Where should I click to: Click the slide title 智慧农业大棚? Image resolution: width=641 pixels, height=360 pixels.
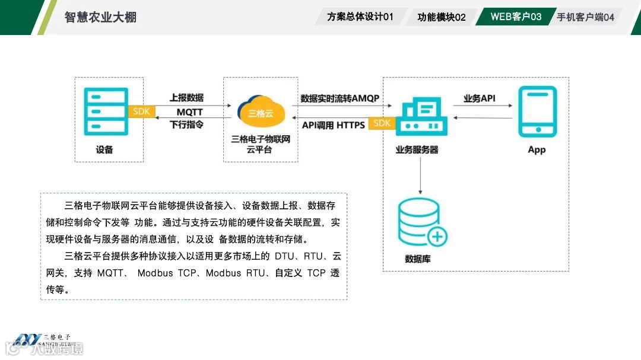[100, 17]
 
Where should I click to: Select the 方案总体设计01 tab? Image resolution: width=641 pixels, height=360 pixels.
[360, 17]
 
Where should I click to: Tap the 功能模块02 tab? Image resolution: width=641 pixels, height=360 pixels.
[441, 17]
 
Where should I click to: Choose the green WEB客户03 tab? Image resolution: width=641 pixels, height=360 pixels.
[516, 17]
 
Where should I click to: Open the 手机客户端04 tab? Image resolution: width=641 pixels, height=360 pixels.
[585, 17]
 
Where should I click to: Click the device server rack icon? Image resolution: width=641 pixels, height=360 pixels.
[106, 111]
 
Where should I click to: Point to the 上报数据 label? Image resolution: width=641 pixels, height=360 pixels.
[186, 98]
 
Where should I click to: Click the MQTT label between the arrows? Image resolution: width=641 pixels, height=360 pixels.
[189, 112]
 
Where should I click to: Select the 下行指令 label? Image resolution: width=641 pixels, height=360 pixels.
[186, 125]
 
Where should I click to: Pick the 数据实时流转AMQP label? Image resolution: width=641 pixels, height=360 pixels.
[339, 98]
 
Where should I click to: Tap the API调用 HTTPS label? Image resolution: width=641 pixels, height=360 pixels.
[333, 125]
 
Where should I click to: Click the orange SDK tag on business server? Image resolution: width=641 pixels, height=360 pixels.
[382, 123]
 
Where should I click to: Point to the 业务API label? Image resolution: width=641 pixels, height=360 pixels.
[479, 98]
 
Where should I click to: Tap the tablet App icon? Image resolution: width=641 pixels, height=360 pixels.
[537, 111]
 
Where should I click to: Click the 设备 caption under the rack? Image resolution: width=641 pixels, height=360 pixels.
[104, 149]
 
